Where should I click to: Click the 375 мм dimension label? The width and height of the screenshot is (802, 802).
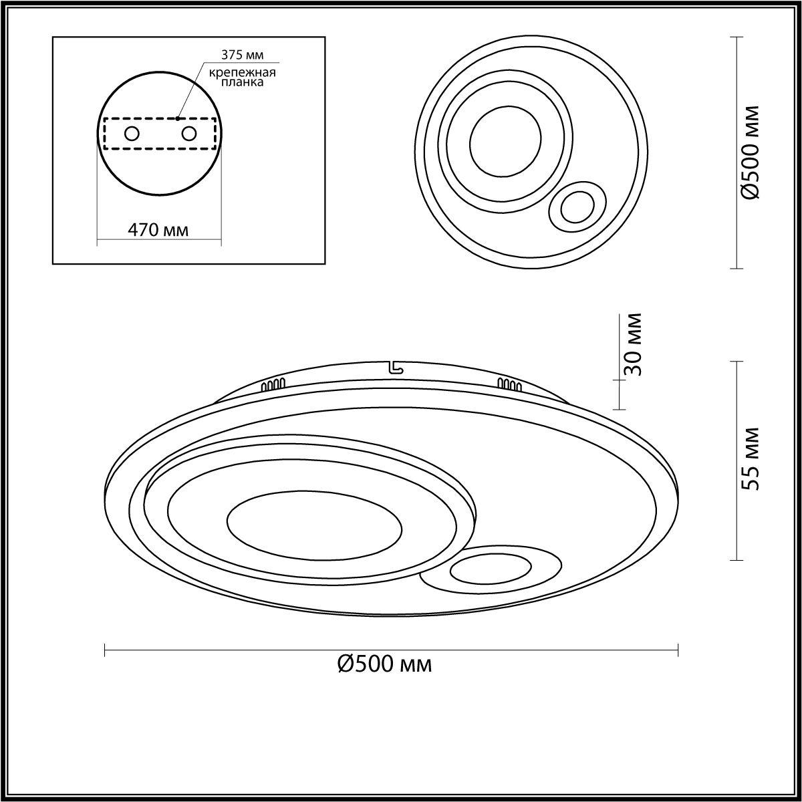click(242, 55)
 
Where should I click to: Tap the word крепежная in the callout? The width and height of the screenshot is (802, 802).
click(242, 73)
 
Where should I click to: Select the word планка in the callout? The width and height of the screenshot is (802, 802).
click(242, 82)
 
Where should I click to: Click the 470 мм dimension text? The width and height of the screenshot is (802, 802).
click(158, 230)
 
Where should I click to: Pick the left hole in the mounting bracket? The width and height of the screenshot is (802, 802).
click(132, 134)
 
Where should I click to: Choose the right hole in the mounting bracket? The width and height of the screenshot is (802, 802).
click(188, 134)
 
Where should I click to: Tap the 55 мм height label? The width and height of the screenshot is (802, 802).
click(751, 459)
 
